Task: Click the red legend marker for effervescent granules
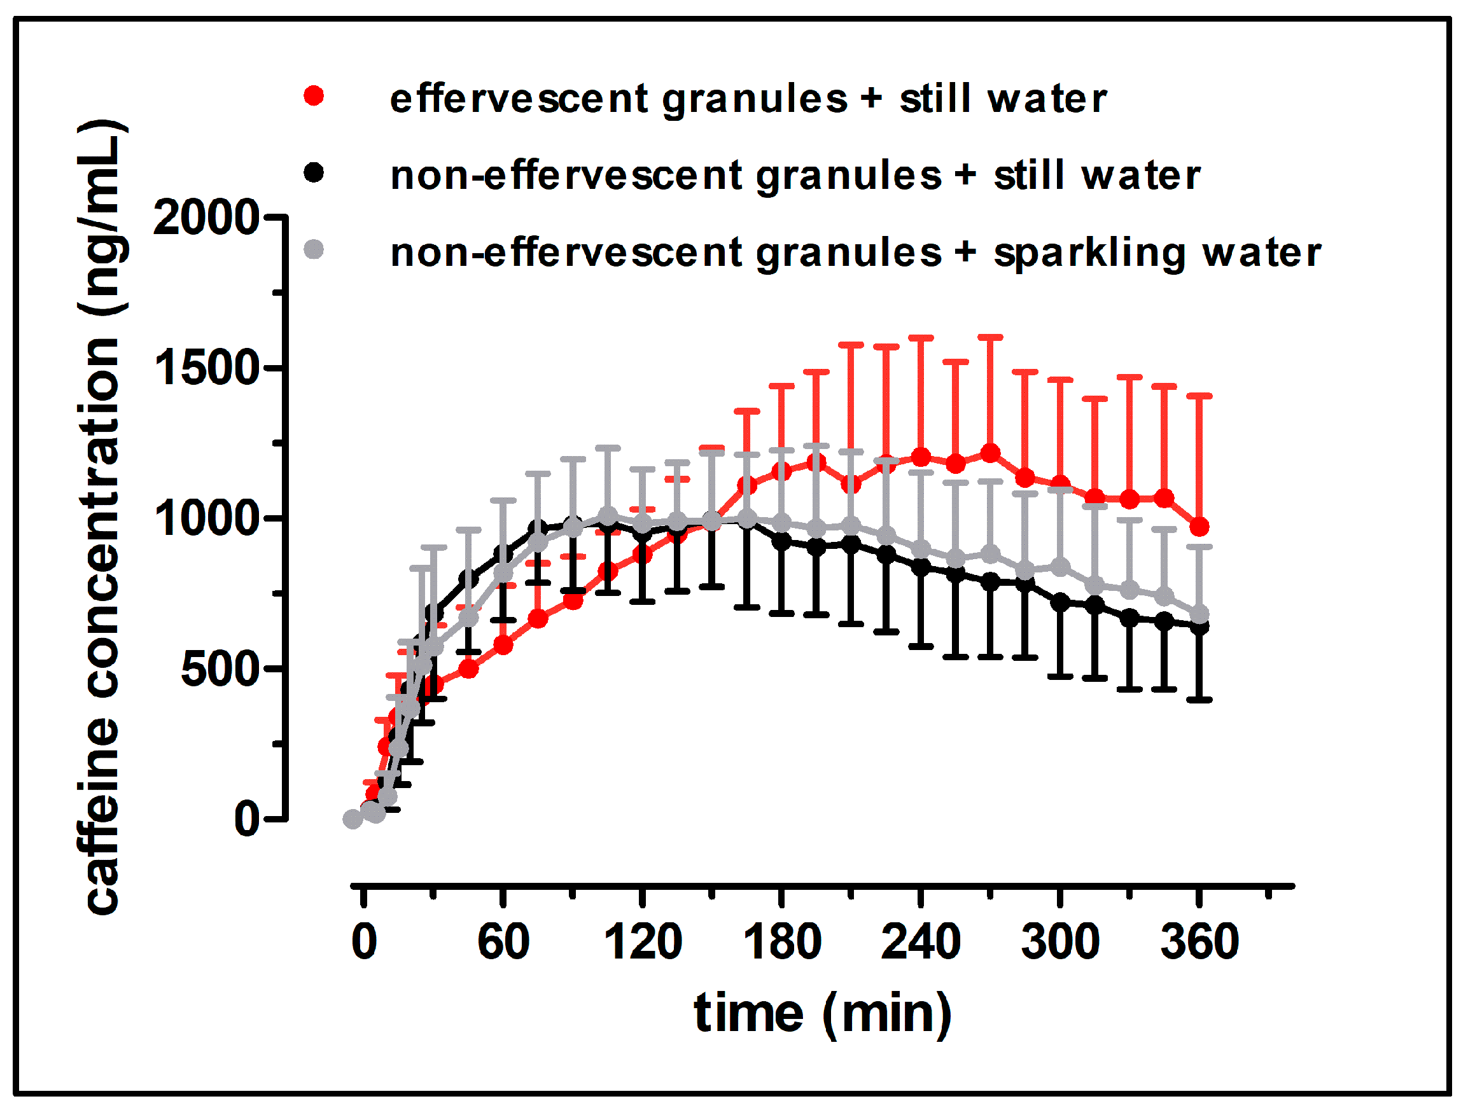click(314, 97)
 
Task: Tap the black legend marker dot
click(314, 173)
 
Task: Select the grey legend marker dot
click(314, 249)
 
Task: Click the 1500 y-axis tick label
click(206, 368)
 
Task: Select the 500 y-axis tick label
click(220, 669)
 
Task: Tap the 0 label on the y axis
click(247, 819)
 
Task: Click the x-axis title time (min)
click(822, 1014)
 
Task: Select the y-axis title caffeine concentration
click(102, 518)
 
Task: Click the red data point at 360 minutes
click(1199, 527)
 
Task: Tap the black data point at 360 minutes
click(1199, 627)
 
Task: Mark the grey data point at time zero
click(353, 819)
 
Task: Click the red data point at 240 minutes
click(921, 457)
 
